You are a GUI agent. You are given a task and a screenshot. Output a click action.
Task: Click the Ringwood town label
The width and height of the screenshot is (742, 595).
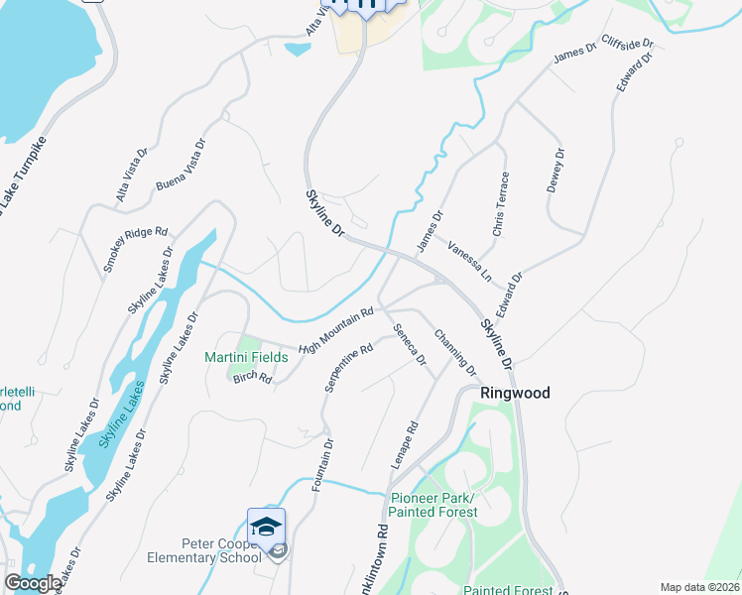(x=515, y=393)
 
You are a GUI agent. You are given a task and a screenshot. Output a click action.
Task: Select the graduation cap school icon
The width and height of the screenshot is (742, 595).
(x=266, y=527)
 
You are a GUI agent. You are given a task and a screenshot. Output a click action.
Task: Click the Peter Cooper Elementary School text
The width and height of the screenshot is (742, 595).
(x=220, y=549)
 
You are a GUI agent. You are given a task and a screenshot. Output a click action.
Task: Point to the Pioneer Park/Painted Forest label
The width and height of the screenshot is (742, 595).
(x=433, y=505)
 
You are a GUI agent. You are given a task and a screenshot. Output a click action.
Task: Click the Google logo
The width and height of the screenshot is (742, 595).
(x=33, y=583)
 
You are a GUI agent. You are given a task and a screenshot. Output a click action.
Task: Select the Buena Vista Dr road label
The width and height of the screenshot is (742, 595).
(x=181, y=166)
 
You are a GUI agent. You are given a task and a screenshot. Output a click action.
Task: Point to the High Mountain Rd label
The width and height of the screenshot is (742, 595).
(x=335, y=329)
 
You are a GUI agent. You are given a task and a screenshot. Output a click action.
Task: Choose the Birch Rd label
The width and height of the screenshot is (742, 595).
(x=252, y=377)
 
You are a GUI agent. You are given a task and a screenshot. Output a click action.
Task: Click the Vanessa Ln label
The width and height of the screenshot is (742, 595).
(x=469, y=260)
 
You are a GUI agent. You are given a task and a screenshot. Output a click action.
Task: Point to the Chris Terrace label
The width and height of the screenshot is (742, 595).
(x=501, y=204)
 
